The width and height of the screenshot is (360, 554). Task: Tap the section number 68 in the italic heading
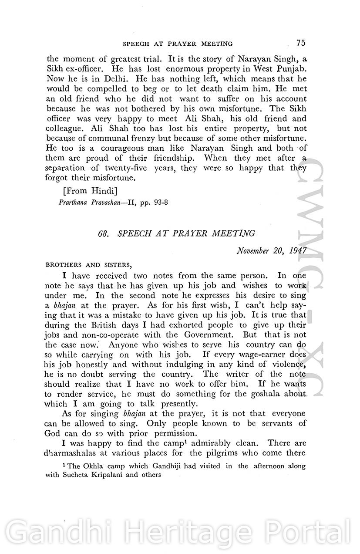[104, 234]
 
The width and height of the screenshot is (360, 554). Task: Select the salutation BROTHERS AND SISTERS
[87, 264]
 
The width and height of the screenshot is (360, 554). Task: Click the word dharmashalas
[73, 454]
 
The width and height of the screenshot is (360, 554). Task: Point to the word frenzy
[141, 138]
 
